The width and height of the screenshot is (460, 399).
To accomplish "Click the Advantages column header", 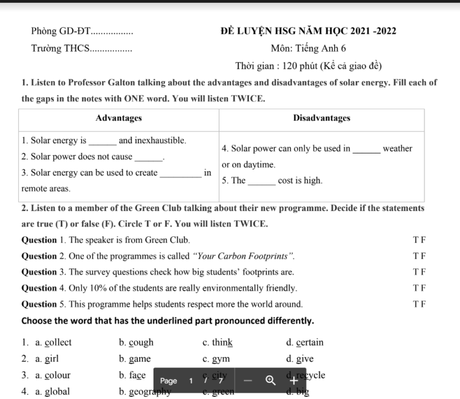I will point(118,118).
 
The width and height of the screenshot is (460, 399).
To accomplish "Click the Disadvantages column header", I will point(321,118).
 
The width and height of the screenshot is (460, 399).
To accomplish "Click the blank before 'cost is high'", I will point(261,181).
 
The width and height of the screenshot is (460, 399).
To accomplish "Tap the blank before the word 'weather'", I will point(366,149).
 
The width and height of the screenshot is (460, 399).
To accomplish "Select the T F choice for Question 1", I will point(419,240).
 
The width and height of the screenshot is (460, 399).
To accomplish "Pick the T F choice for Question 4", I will point(419,288).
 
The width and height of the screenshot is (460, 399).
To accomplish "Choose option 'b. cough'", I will point(136,343).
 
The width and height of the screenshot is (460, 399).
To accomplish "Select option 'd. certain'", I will point(305,343).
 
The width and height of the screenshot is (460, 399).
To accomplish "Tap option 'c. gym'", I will point(216,359).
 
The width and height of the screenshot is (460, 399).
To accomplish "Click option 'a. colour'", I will point(53,375).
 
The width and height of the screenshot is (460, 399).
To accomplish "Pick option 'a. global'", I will point(52,392).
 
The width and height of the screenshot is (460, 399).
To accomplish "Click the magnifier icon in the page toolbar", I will point(270,380).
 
